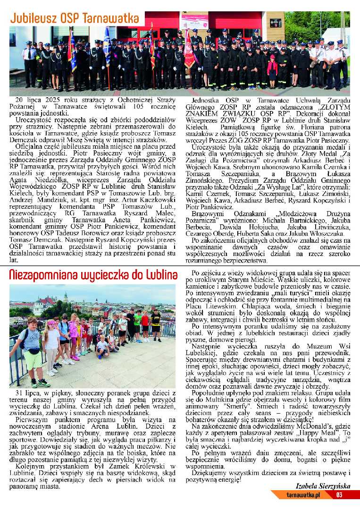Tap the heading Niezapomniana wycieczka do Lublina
(93, 275)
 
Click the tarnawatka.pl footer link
(304, 495)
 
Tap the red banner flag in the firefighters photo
(189, 50)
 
